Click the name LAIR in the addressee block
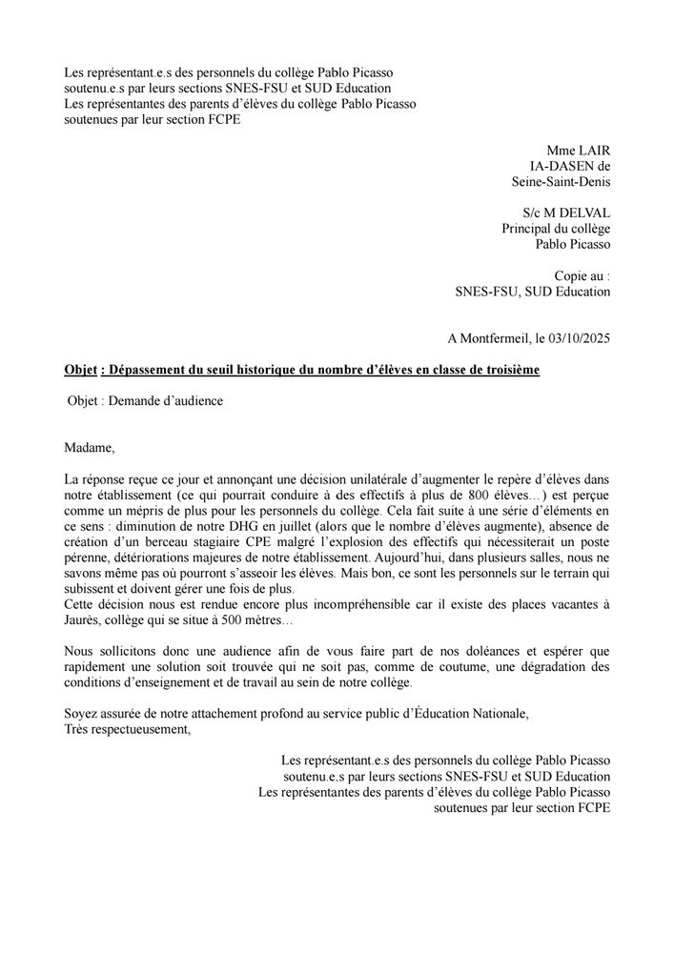click(x=592, y=150)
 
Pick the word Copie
click(x=572, y=275)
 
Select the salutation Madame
click(x=88, y=447)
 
